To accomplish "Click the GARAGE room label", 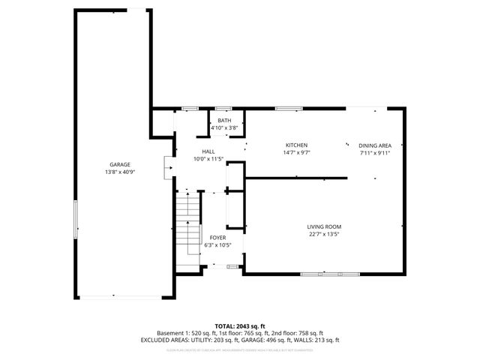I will tap(120, 164).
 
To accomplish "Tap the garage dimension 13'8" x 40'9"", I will tap(120, 172).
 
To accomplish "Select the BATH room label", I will tap(224, 121).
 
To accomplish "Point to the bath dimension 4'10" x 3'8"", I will tap(224, 128).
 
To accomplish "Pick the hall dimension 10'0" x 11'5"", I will tap(208, 159).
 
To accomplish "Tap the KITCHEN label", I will tap(296, 145).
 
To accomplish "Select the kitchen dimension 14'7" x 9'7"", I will tap(296, 152).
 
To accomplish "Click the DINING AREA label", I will tap(374, 145).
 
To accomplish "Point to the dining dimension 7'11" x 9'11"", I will tap(374, 152).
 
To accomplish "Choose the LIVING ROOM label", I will tap(324, 226).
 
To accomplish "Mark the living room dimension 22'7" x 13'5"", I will tap(324, 234).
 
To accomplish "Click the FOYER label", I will tap(217, 237).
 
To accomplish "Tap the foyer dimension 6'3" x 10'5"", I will tap(217, 244).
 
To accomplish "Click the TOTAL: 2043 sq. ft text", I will tap(239, 325).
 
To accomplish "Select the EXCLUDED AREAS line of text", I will tap(239, 340).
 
